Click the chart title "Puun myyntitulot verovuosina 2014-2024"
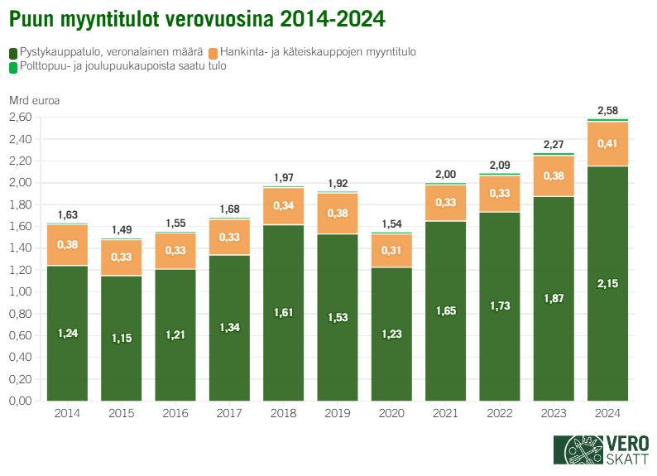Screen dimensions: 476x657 click(x=197, y=17)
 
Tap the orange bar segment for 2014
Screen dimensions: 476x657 click(x=67, y=245)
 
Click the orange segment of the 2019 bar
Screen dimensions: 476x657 click(x=338, y=214)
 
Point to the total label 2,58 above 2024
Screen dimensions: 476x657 click(x=607, y=111)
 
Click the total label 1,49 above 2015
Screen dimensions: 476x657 click(x=121, y=230)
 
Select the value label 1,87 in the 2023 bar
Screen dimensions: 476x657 click(x=554, y=298)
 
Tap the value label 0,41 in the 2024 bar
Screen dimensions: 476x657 click(x=607, y=144)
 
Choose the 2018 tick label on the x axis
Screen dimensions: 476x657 click(x=284, y=413)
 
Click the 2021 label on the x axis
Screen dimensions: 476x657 click(x=445, y=413)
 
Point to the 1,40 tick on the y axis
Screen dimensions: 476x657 click(x=21, y=248)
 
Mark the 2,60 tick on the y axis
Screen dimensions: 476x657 click(x=21, y=118)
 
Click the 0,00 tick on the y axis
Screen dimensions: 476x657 click(x=21, y=401)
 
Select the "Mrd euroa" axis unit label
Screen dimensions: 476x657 click(x=34, y=101)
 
